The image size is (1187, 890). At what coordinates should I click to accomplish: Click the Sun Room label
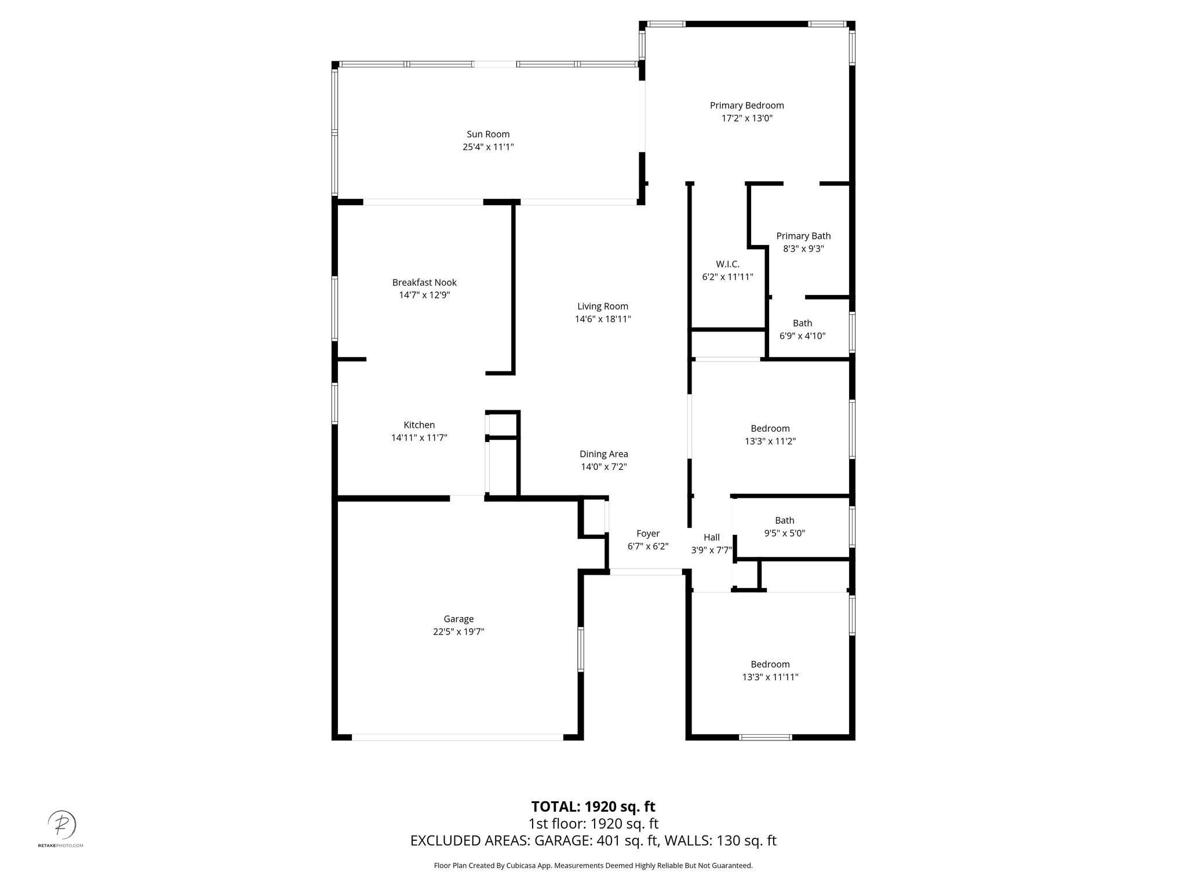[488, 134]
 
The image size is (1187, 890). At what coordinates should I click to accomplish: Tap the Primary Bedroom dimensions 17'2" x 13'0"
[747, 118]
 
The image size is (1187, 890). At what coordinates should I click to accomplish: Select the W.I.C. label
[727, 264]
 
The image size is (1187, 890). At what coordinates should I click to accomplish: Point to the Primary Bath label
[803, 236]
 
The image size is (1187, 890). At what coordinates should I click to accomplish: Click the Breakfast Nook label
[424, 283]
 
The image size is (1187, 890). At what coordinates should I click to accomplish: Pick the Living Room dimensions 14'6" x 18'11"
[603, 319]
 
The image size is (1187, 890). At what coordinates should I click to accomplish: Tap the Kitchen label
[419, 425]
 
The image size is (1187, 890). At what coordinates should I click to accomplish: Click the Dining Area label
[604, 454]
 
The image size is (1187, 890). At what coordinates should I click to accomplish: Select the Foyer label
[648, 534]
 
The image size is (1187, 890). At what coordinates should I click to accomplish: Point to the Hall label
[712, 538]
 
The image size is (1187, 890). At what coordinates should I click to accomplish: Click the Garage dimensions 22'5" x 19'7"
[458, 632]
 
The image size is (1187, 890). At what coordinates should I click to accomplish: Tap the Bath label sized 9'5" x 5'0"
[785, 520]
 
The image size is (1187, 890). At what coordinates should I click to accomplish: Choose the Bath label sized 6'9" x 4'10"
[803, 323]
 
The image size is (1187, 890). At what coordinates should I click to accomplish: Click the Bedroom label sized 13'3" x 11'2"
[770, 429]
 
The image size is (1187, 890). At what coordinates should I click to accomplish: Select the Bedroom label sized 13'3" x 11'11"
[770, 665]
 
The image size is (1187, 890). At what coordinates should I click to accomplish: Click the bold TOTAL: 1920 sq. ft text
[593, 807]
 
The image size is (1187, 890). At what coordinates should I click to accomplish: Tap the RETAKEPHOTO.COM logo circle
[61, 823]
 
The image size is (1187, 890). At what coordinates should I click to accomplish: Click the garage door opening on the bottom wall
[457, 737]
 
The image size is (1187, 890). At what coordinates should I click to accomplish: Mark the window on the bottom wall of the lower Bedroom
[766, 738]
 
